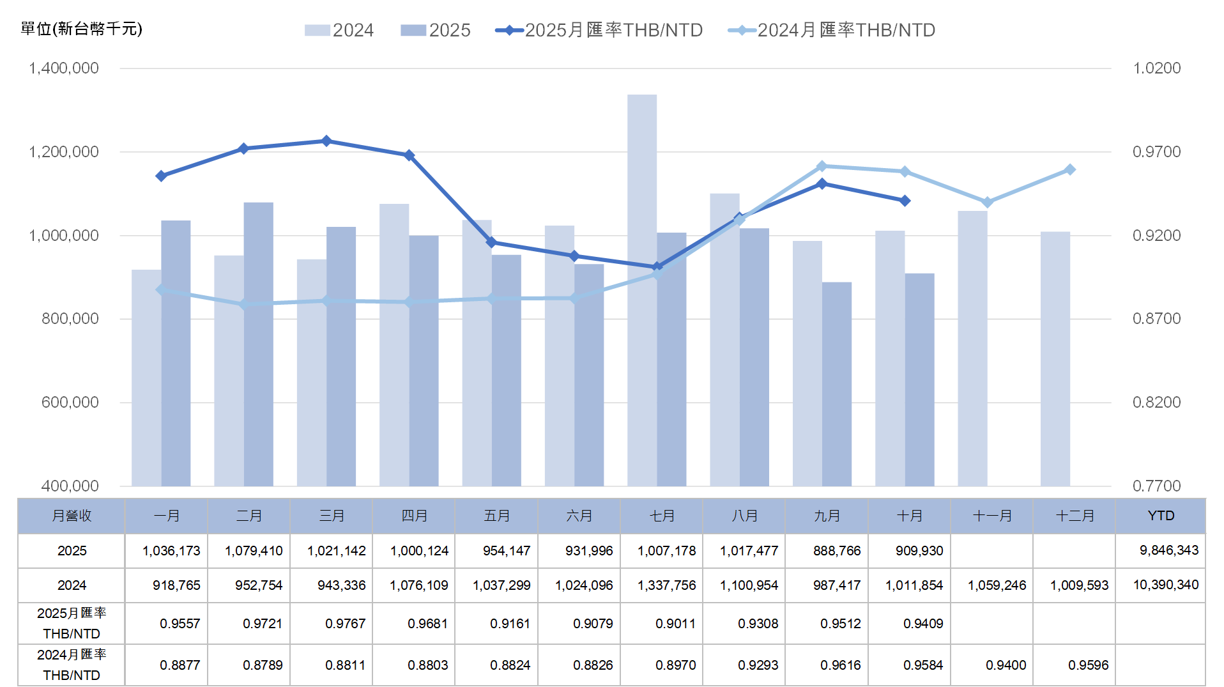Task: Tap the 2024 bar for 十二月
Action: [x=1055, y=359]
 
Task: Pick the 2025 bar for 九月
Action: [x=836, y=383]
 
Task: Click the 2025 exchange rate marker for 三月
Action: [x=326, y=141]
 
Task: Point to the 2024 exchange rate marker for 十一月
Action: [x=987, y=203]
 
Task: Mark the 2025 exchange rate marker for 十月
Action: [x=905, y=201]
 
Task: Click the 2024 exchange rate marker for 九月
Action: [x=822, y=166]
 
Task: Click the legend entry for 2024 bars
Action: [x=339, y=30]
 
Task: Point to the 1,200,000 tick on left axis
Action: [x=64, y=152]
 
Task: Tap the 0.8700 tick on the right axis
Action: [x=1156, y=319]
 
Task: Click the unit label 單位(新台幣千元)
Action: [x=81, y=29]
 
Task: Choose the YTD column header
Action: [x=1160, y=516]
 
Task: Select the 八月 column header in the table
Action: [x=744, y=516]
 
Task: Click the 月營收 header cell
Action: [x=72, y=516]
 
